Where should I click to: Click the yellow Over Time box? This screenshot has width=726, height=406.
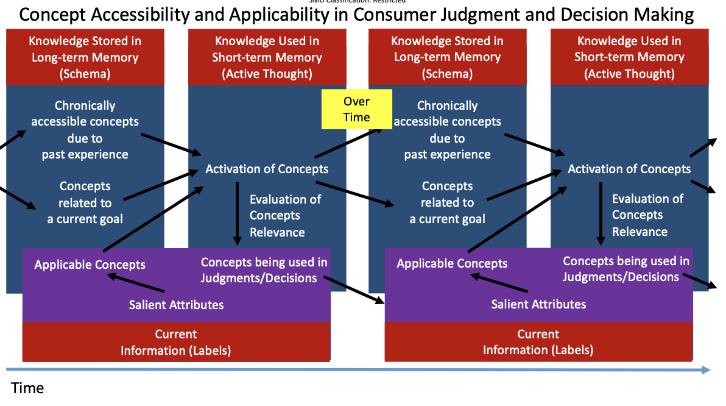click(x=356, y=110)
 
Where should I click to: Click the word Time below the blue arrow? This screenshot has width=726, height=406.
click(x=27, y=388)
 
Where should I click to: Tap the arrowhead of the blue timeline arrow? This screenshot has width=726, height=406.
click(x=705, y=369)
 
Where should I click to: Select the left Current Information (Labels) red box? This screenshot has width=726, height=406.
click(x=176, y=342)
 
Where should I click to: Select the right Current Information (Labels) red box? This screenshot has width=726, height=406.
click(x=538, y=342)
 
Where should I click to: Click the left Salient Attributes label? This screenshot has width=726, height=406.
click(x=176, y=304)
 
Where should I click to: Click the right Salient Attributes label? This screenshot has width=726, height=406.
click(x=538, y=304)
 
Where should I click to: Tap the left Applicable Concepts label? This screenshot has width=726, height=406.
click(x=90, y=265)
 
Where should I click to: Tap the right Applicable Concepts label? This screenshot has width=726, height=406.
click(x=452, y=263)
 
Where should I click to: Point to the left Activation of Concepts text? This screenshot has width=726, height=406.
click(x=267, y=169)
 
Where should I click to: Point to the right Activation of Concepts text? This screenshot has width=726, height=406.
click(x=629, y=169)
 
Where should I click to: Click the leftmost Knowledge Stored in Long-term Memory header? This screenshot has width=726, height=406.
click(x=85, y=57)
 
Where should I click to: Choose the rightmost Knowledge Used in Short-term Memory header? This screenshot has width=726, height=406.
click(x=629, y=57)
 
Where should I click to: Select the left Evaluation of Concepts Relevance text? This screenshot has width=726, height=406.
click(x=285, y=215)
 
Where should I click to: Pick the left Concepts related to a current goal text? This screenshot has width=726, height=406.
click(x=85, y=202)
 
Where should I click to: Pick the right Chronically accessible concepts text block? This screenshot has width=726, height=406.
click(x=447, y=130)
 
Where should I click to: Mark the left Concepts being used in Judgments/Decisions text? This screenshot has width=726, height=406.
click(x=264, y=270)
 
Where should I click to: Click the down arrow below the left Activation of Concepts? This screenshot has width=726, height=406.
click(x=238, y=213)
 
